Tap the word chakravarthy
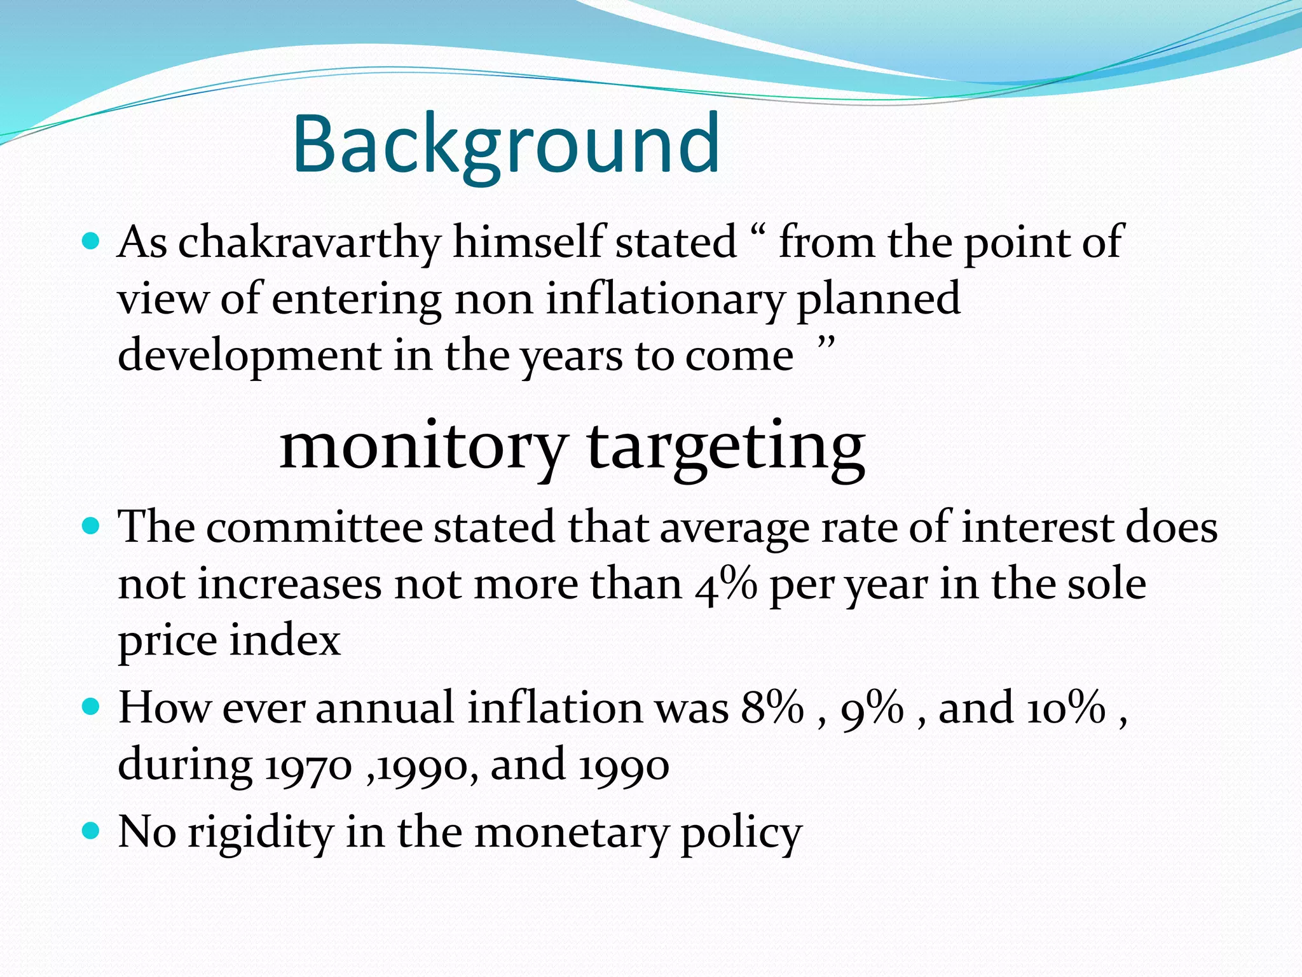tap(309, 243)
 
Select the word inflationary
tap(665, 299)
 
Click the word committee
tap(314, 528)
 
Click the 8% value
tap(772, 708)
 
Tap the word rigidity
tap(260, 833)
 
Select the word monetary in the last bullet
tap(571, 833)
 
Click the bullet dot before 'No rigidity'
tap(92, 830)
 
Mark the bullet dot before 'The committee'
tap(92, 525)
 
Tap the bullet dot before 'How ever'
tap(92, 706)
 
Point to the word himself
tap(528, 243)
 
